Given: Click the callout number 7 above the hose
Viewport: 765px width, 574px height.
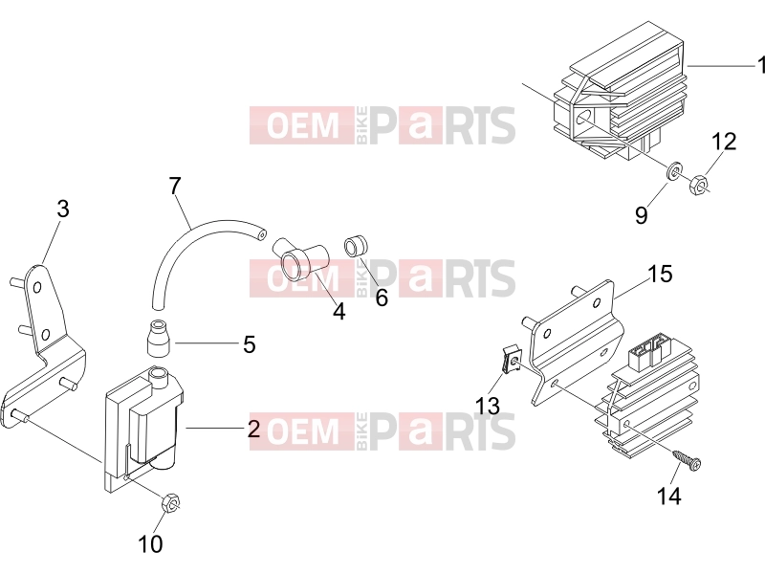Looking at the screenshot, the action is pos(175,186).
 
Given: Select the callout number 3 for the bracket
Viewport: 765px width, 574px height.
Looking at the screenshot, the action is pos(63,209).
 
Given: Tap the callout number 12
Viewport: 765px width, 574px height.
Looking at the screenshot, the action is pos(724,142).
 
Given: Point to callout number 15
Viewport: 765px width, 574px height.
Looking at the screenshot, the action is pos(660,274).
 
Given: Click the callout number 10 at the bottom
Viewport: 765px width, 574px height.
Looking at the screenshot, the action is pos(150,543).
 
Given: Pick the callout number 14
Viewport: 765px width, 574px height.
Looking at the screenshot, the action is pos(668,496).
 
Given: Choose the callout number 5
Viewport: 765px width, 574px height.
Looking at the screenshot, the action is pos(250,344).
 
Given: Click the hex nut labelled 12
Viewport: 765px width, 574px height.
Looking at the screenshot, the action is pos(698,183).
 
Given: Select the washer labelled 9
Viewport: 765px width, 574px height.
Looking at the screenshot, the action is pos(674,171).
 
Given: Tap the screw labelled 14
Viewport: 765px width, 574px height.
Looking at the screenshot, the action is pos(687,460).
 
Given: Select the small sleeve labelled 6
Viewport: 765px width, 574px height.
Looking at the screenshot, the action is pos(357,247).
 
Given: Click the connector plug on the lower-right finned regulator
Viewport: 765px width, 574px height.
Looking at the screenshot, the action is pos(650,349).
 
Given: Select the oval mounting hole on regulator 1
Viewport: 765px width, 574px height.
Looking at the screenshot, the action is pos(584,117).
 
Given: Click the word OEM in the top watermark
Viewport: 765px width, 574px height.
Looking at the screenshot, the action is pos(302,125).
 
